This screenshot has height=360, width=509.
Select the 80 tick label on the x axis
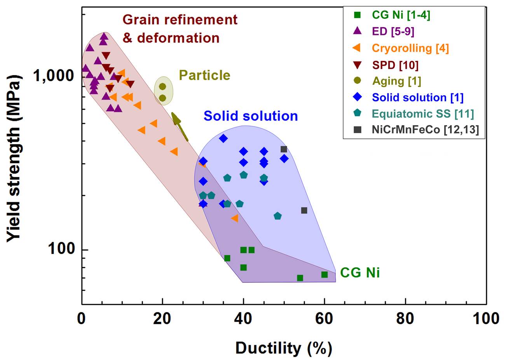pyautogui.click(x=405, y=318)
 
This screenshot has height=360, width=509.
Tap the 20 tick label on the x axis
pyautogui.click(x=162, y=318)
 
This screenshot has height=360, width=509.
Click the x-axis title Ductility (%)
pyautogui.click(x=284, y=348)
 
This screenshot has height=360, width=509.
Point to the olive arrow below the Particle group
pyautogui.click(x=180, y=126)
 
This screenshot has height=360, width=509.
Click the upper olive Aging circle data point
pyautogui.click(x=162, y=86)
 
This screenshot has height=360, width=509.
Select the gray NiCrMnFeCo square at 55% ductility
pyautogui.click(x=304, y=210)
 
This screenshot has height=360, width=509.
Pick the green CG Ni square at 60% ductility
pyautogui.click(x=324, y=274)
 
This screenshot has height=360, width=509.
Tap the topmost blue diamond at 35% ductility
pyautogui.click(x=223, y=138)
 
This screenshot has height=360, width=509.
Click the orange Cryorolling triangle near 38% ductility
pyautogui.click(x=234, y=218)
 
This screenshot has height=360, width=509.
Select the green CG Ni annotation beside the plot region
pyautogui.click(x=360, y=273)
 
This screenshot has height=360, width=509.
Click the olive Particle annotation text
pyautogui.click(x=204, y=75)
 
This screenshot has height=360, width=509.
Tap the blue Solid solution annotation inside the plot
pyautogui.click(x=251, y=116)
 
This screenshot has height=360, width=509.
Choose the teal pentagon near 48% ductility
pyautogui.click(x=277, y=216)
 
